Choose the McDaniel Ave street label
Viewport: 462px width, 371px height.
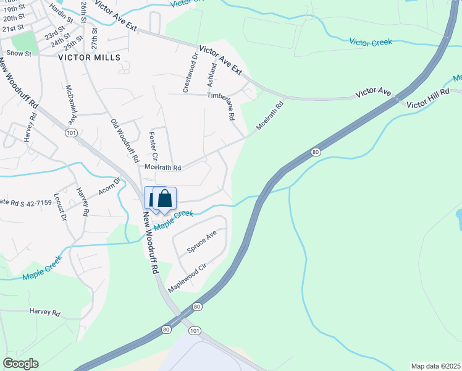click(x=71, y=106)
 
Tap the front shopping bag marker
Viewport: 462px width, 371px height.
click(x=164, y=198)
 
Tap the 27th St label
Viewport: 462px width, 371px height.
click(x=95, y=38)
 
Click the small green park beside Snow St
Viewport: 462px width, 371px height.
click(x=23, y=41)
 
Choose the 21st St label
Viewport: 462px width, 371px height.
click(x=13, y=28)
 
